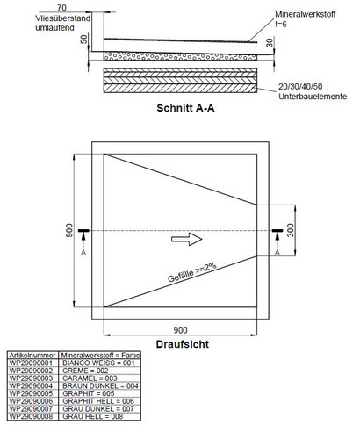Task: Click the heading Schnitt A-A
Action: click(185, 108)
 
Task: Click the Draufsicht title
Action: click(183, 344)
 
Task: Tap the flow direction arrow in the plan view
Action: click(186, 239)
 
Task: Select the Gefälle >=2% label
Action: click(192, 272)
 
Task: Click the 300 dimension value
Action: click(290, 230)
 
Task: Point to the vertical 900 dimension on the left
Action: click(69, 230)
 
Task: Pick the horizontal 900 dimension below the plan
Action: click(180, 330)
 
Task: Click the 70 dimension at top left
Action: click(61, 8)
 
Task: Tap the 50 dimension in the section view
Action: click(84, 40)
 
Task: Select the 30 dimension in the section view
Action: click(270, 43)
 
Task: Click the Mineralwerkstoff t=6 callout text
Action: click(306, 19)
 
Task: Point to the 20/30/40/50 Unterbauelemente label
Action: click(313, 91)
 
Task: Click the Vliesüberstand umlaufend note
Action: click(63, 23)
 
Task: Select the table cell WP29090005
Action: click(31, 393)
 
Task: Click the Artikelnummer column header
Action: click(32, 356)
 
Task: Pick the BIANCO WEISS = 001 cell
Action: click(98, 363)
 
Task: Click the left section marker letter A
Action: click(83, 252)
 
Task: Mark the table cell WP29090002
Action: click(31, 371)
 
